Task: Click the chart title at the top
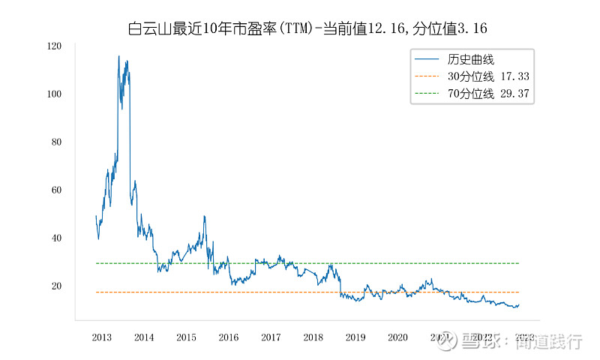coord(308,28)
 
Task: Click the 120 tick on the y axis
coord(53,46)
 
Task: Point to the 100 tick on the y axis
coord(53,94)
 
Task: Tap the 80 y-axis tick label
coord(55,142)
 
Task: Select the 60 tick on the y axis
coord(55,190)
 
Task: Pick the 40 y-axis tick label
coord(55,238)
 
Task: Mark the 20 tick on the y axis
coord(55,286)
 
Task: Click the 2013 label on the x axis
coord(102,337)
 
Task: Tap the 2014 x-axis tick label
coord(144,337)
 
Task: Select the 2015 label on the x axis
coord(187,337)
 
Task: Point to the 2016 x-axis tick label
coord(229,337)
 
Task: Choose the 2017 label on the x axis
coord(271,337)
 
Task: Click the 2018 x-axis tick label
coord(313,337)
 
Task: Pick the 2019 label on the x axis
coord(355,337)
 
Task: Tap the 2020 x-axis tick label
coord(397,337)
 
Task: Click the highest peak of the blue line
coord(118,55)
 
